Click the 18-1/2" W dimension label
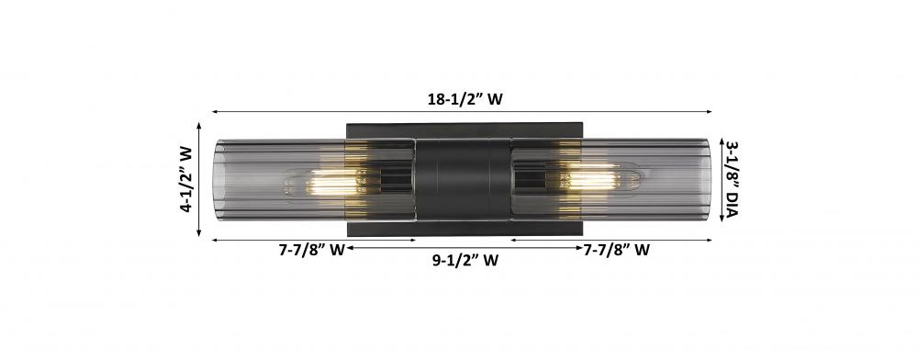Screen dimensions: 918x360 click(x=465, y=99)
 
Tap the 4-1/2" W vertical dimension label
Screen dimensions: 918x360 click(x=186, y=178)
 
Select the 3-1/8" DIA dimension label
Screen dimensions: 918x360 click(x=732, y=178)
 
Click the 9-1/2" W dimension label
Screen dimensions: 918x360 click(x=465, y=261)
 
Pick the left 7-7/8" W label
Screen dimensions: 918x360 click(x=311, y=250)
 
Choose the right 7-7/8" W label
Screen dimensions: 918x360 click(x=617, y=250)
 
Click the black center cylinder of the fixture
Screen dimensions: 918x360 click(x=463, y=179)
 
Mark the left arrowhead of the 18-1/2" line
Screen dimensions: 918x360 click(x=215, y=111)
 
